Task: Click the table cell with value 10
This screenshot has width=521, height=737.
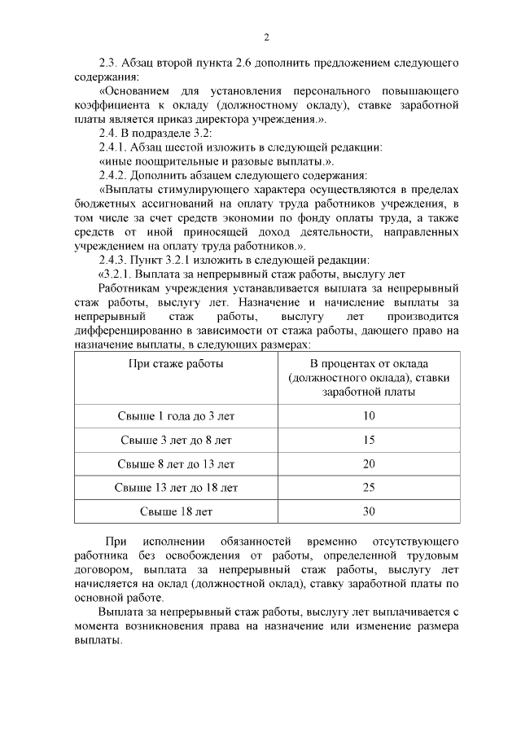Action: coord(369,416)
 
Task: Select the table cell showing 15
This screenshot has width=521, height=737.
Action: coord(369,440)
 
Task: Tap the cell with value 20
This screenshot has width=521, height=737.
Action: coord(369,464)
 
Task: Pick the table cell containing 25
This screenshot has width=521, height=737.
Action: coord(369,488)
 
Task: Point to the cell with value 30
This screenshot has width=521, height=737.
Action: coord(369,511)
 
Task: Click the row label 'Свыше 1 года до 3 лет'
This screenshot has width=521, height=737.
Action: coord(176,416)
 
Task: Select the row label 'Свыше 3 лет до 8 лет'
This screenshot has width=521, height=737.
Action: coord(176,440)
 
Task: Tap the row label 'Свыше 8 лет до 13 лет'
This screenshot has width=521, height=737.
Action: coord(176,464)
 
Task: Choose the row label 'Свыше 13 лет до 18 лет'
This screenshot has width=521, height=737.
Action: coord(176,488)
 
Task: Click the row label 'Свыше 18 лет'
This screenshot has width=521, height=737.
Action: coord(176,511)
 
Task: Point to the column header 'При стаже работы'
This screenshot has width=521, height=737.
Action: coord(176,364)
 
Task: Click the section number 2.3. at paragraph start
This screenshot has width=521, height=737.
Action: coord(108,62)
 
